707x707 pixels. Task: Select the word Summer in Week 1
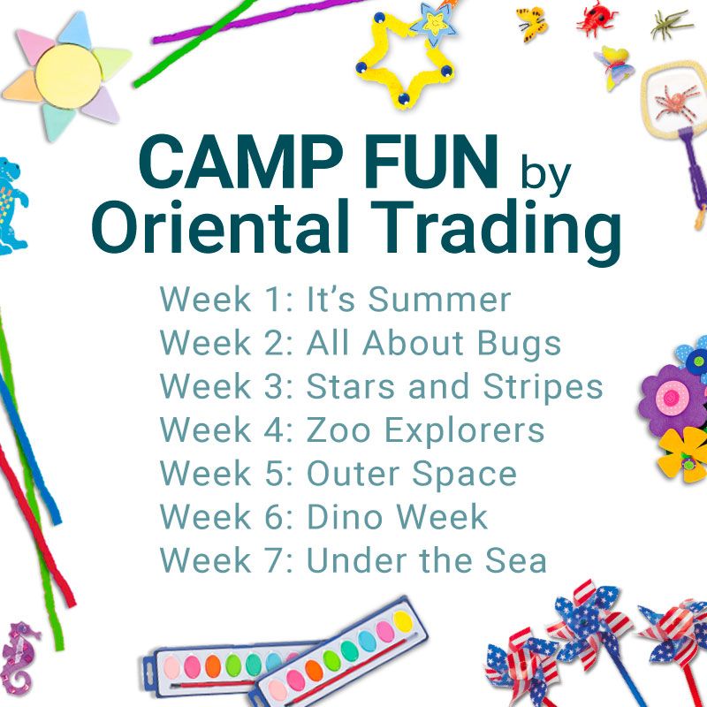tap(439, 299)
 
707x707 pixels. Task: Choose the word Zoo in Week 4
tap(338, 430)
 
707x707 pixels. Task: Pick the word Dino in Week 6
tap(345, 517)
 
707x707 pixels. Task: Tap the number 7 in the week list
tap(275, 560)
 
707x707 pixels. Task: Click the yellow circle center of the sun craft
tap(69, 74)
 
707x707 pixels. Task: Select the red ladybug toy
tap(596, 19)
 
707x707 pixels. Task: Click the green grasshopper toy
tap(670, 24)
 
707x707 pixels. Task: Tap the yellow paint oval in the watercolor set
tap(402, 621)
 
